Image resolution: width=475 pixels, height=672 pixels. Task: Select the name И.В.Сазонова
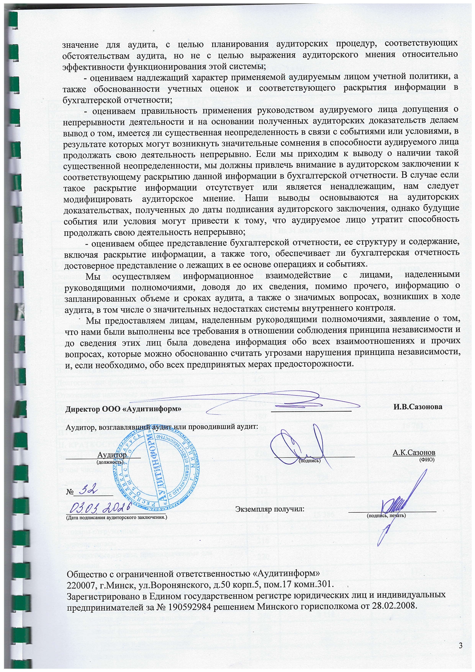tap(418, 407)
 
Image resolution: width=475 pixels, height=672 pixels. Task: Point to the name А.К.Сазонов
tap(414, 453)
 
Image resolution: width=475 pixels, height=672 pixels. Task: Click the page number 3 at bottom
tap(460, 646)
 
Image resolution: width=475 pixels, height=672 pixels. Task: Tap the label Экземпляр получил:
tap(270, 509)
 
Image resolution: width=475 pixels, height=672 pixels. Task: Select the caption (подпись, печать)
tap(386, 515)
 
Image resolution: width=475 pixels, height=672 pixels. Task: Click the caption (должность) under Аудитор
tap(109, 462)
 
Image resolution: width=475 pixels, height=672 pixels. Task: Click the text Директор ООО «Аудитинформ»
tap(124, 408)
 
